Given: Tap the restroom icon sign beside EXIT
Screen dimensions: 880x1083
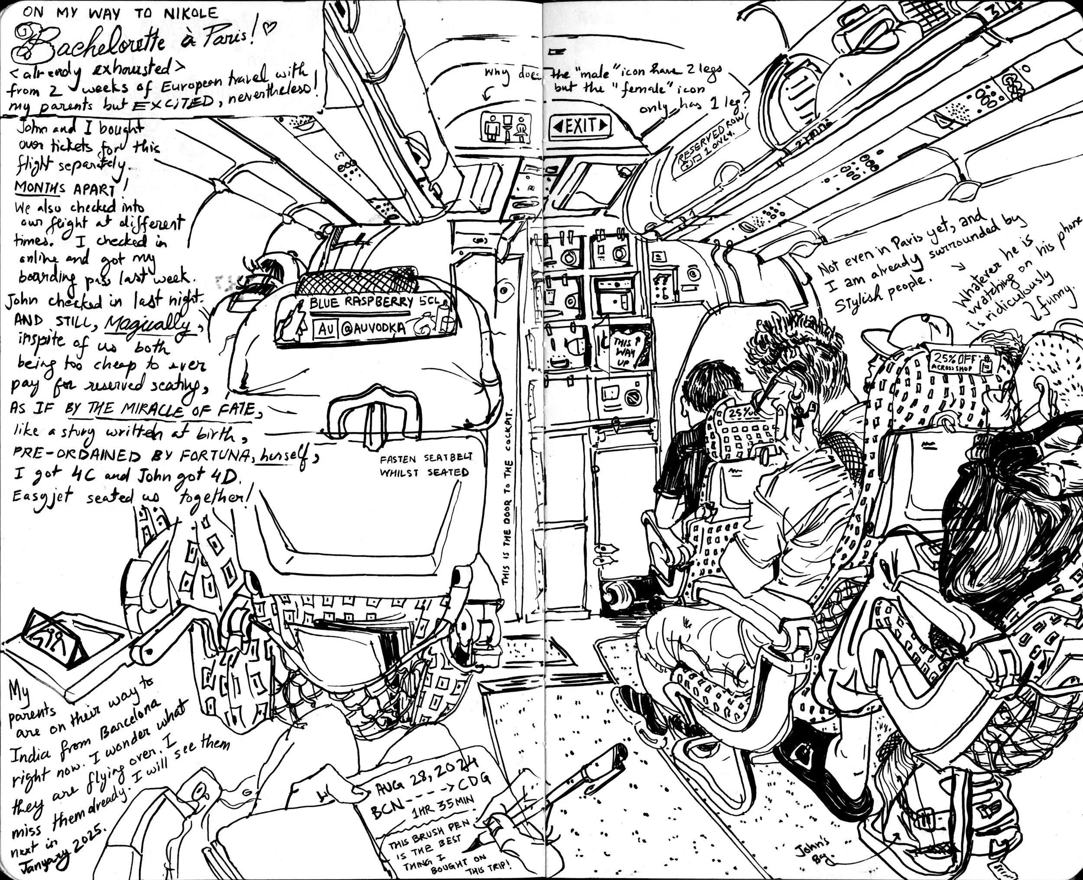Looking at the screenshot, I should coord(505,127).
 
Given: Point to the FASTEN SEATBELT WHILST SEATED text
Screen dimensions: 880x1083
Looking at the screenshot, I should coord(425,465).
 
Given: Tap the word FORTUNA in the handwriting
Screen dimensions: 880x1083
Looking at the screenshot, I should coord(215,456).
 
